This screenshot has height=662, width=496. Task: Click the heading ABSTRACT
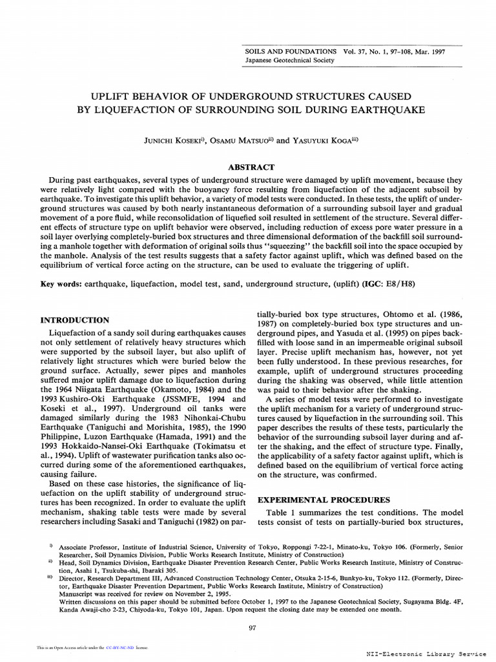[x=247, y=167]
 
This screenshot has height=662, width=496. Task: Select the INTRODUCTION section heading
[x=75, y=320]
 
